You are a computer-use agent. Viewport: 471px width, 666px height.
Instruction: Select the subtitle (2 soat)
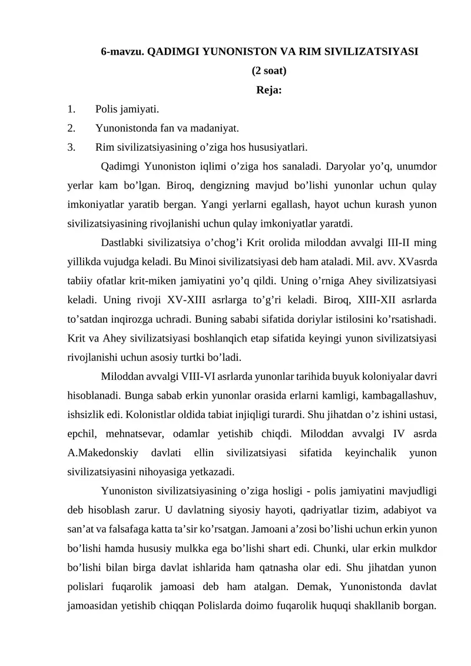[269, 71]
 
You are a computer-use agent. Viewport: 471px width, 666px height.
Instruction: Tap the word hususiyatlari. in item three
[279, 147]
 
